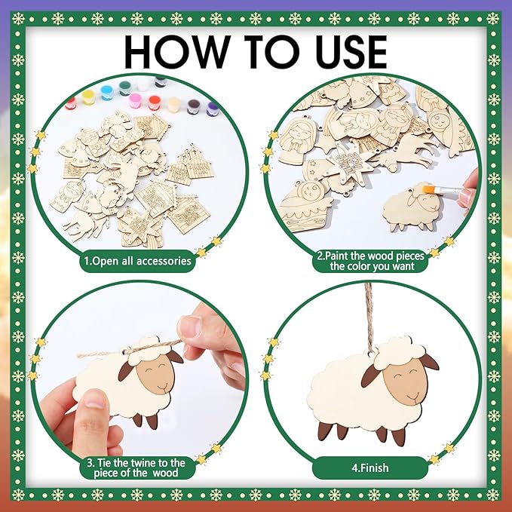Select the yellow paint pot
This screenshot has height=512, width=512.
pos(88,97)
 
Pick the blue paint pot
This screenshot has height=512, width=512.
pos(106,93)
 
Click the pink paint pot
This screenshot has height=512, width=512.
pos(134,101)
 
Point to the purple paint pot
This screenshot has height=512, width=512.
pos(212,109)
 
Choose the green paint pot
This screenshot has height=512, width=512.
pos(124,88)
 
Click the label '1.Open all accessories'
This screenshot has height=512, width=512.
pos(137,261)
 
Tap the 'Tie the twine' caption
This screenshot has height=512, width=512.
pos(136,468)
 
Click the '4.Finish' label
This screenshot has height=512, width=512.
pos(370,468)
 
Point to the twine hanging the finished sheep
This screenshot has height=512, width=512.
pos(369,317)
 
